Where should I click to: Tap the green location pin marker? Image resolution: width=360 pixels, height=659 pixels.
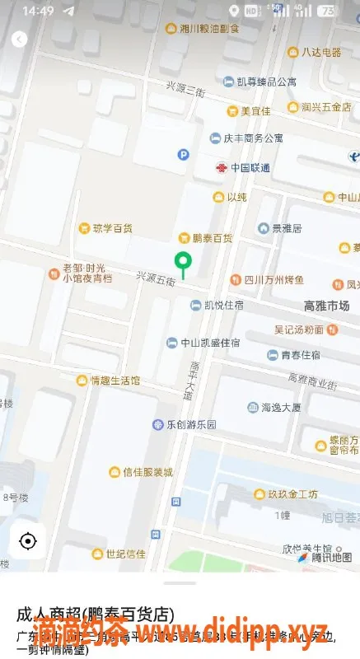click(183, 264)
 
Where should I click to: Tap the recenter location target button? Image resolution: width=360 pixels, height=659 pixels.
click(28, 541)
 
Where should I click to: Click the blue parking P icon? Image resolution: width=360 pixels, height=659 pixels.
click(184, 154)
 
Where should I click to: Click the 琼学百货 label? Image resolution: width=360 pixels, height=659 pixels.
click(112, 227)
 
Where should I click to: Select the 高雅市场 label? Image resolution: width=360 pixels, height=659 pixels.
click(326, 306)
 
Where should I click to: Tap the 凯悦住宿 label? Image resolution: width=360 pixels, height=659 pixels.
click(223, 306)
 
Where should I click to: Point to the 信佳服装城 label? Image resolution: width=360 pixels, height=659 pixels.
click(147, 472)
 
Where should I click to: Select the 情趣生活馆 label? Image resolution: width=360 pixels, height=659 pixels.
click(115, 380)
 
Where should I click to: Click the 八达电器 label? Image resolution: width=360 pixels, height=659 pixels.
click(320, 52)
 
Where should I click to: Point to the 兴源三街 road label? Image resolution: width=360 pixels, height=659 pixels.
click(185, 88)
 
